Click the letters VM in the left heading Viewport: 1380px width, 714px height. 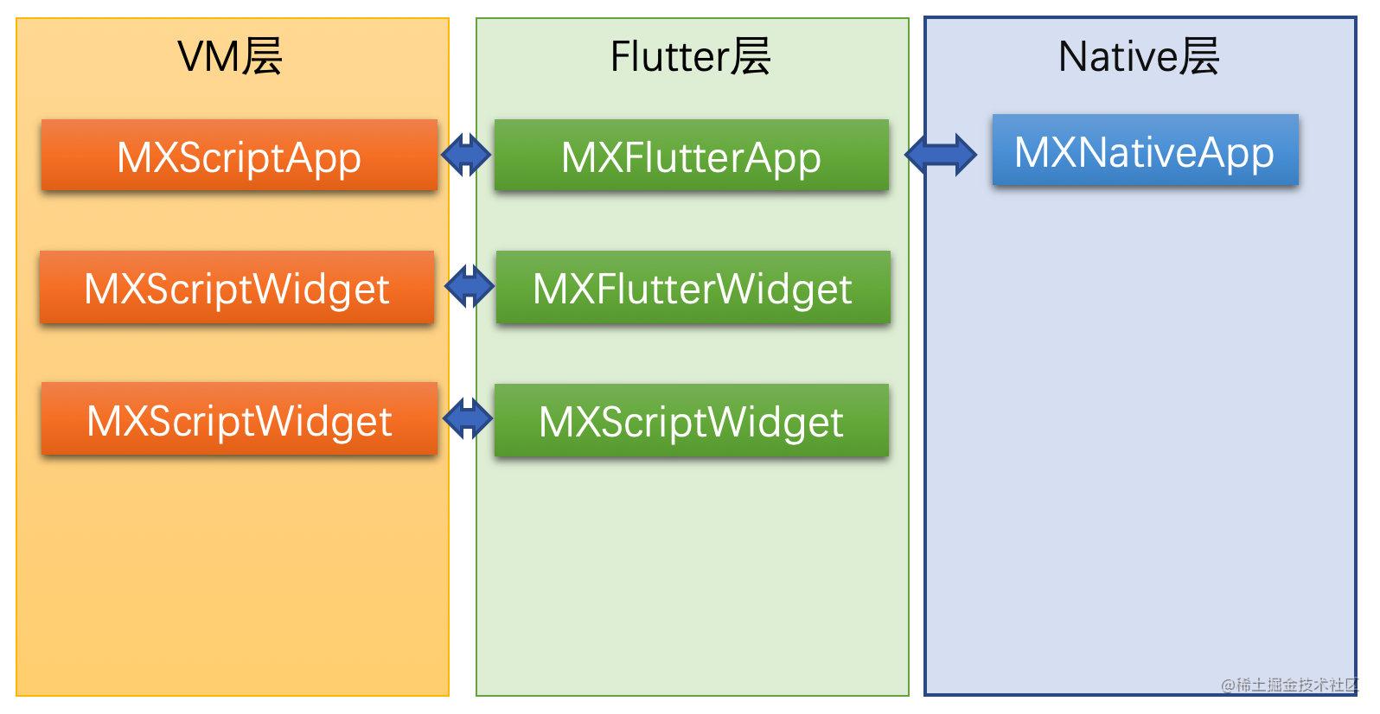pos(208,57)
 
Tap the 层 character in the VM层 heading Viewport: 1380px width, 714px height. pos(261,56)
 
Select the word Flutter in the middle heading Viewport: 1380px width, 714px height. pos(669,56)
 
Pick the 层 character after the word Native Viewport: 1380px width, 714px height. pos(1199,56)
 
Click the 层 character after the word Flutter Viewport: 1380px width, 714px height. pos(751,56)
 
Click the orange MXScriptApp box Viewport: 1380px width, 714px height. pos(239,156)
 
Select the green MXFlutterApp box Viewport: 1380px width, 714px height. pos(691,156)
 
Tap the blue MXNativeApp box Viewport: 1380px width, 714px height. pos(1146,150)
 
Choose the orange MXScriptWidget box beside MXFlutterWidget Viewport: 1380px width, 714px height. pos(237,287)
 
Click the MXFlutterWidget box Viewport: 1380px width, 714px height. pos(693,287)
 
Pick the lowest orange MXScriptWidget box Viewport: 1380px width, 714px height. pos(239,419)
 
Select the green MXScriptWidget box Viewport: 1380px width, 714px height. pos(691,420)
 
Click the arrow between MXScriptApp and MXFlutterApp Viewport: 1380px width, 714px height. pos(466,155)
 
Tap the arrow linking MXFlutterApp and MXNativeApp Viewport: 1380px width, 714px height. pos(941,155)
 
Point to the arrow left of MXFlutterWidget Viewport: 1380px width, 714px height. pos(469,286)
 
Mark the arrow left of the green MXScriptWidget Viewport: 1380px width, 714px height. pos(468,419)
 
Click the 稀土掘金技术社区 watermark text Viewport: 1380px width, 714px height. pos(1298,685)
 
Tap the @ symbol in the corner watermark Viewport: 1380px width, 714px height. pos(1229,685)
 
